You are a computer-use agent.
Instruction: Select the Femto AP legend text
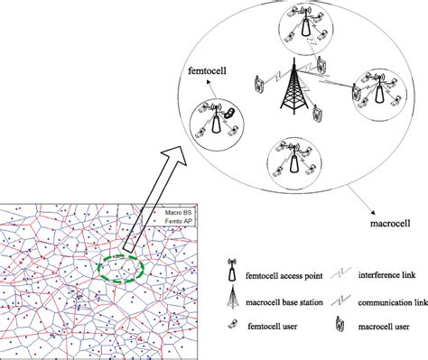[177, 221]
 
